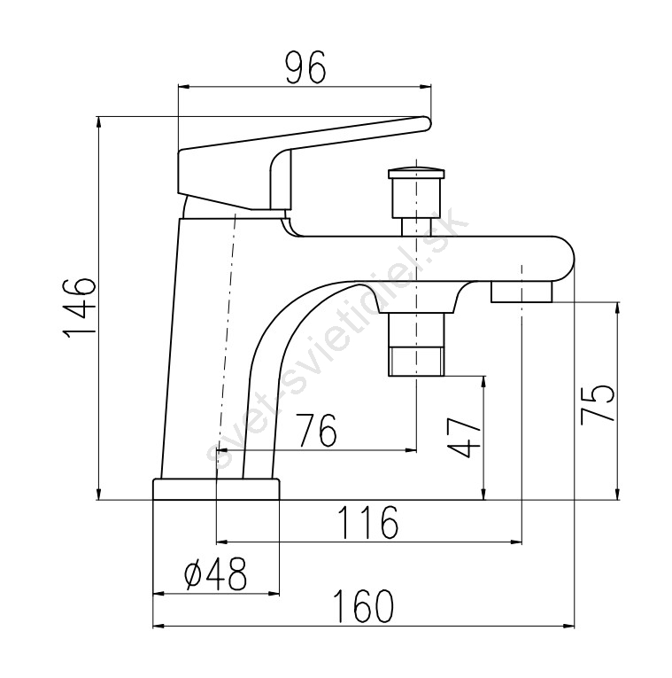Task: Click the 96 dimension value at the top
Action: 305,67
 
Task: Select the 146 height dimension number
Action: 79,308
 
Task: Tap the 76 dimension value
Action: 317,430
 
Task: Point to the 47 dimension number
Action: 464,438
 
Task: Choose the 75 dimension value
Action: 598,403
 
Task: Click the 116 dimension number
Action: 367,522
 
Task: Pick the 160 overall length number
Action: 365,606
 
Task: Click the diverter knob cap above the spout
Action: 416,174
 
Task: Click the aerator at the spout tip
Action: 521,292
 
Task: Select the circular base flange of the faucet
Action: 216,489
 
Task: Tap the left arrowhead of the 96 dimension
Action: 183,87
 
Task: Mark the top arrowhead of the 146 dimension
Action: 99,122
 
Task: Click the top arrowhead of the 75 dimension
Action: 618,308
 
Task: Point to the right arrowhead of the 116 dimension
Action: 516,542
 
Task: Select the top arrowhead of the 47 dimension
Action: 484,382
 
